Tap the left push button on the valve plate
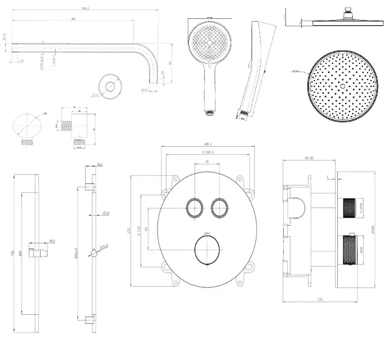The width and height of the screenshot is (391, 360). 195,208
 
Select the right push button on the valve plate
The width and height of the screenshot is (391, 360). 219,208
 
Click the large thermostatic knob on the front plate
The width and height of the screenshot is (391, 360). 207,249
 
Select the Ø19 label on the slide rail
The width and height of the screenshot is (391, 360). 106,214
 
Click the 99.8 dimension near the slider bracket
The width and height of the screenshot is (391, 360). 52,241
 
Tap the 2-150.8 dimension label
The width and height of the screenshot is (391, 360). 208,154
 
